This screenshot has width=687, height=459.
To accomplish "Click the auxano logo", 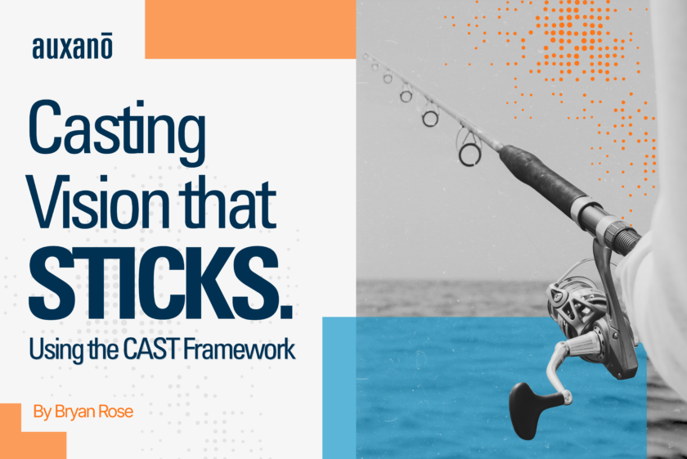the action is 72,47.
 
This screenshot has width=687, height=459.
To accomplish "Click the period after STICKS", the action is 285,311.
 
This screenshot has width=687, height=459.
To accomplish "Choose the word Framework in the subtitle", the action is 239,350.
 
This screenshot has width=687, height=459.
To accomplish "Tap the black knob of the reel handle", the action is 529,409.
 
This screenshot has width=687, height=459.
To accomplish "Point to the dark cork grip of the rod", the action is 542,175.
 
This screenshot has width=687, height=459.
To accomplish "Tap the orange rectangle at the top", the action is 250,29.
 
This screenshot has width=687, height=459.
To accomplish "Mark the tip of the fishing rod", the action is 365,55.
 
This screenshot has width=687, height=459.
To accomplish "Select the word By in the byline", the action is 42,412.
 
